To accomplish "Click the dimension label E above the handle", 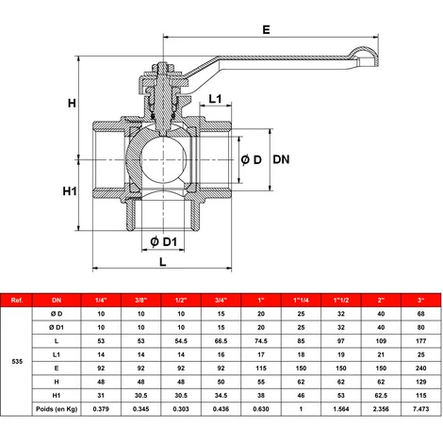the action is tap(266, 29).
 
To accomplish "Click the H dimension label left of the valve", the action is tap(72, 103).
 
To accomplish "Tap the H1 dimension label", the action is tap(70, 191).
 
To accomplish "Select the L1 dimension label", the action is tap(215, 99).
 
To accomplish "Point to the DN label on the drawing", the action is tap(281, 159).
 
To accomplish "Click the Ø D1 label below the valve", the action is tap(163, 242).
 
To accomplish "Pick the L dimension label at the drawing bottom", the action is tap(162, 262).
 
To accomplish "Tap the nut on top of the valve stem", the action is tap(163, 68).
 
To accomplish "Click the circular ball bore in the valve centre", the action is tap(163, 160).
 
